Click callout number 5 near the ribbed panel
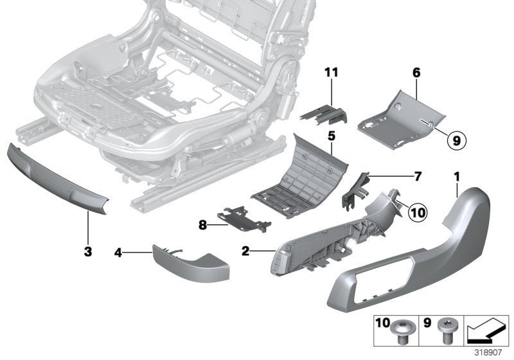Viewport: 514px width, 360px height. pyautogui.click(x=332, y=136)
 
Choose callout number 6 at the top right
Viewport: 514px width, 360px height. pyautogui.click(x=416, y=74)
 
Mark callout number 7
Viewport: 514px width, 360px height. pyautogui.click(x=399, y=175)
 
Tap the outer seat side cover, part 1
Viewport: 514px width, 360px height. pyautogui.click(x=411, y=257)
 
